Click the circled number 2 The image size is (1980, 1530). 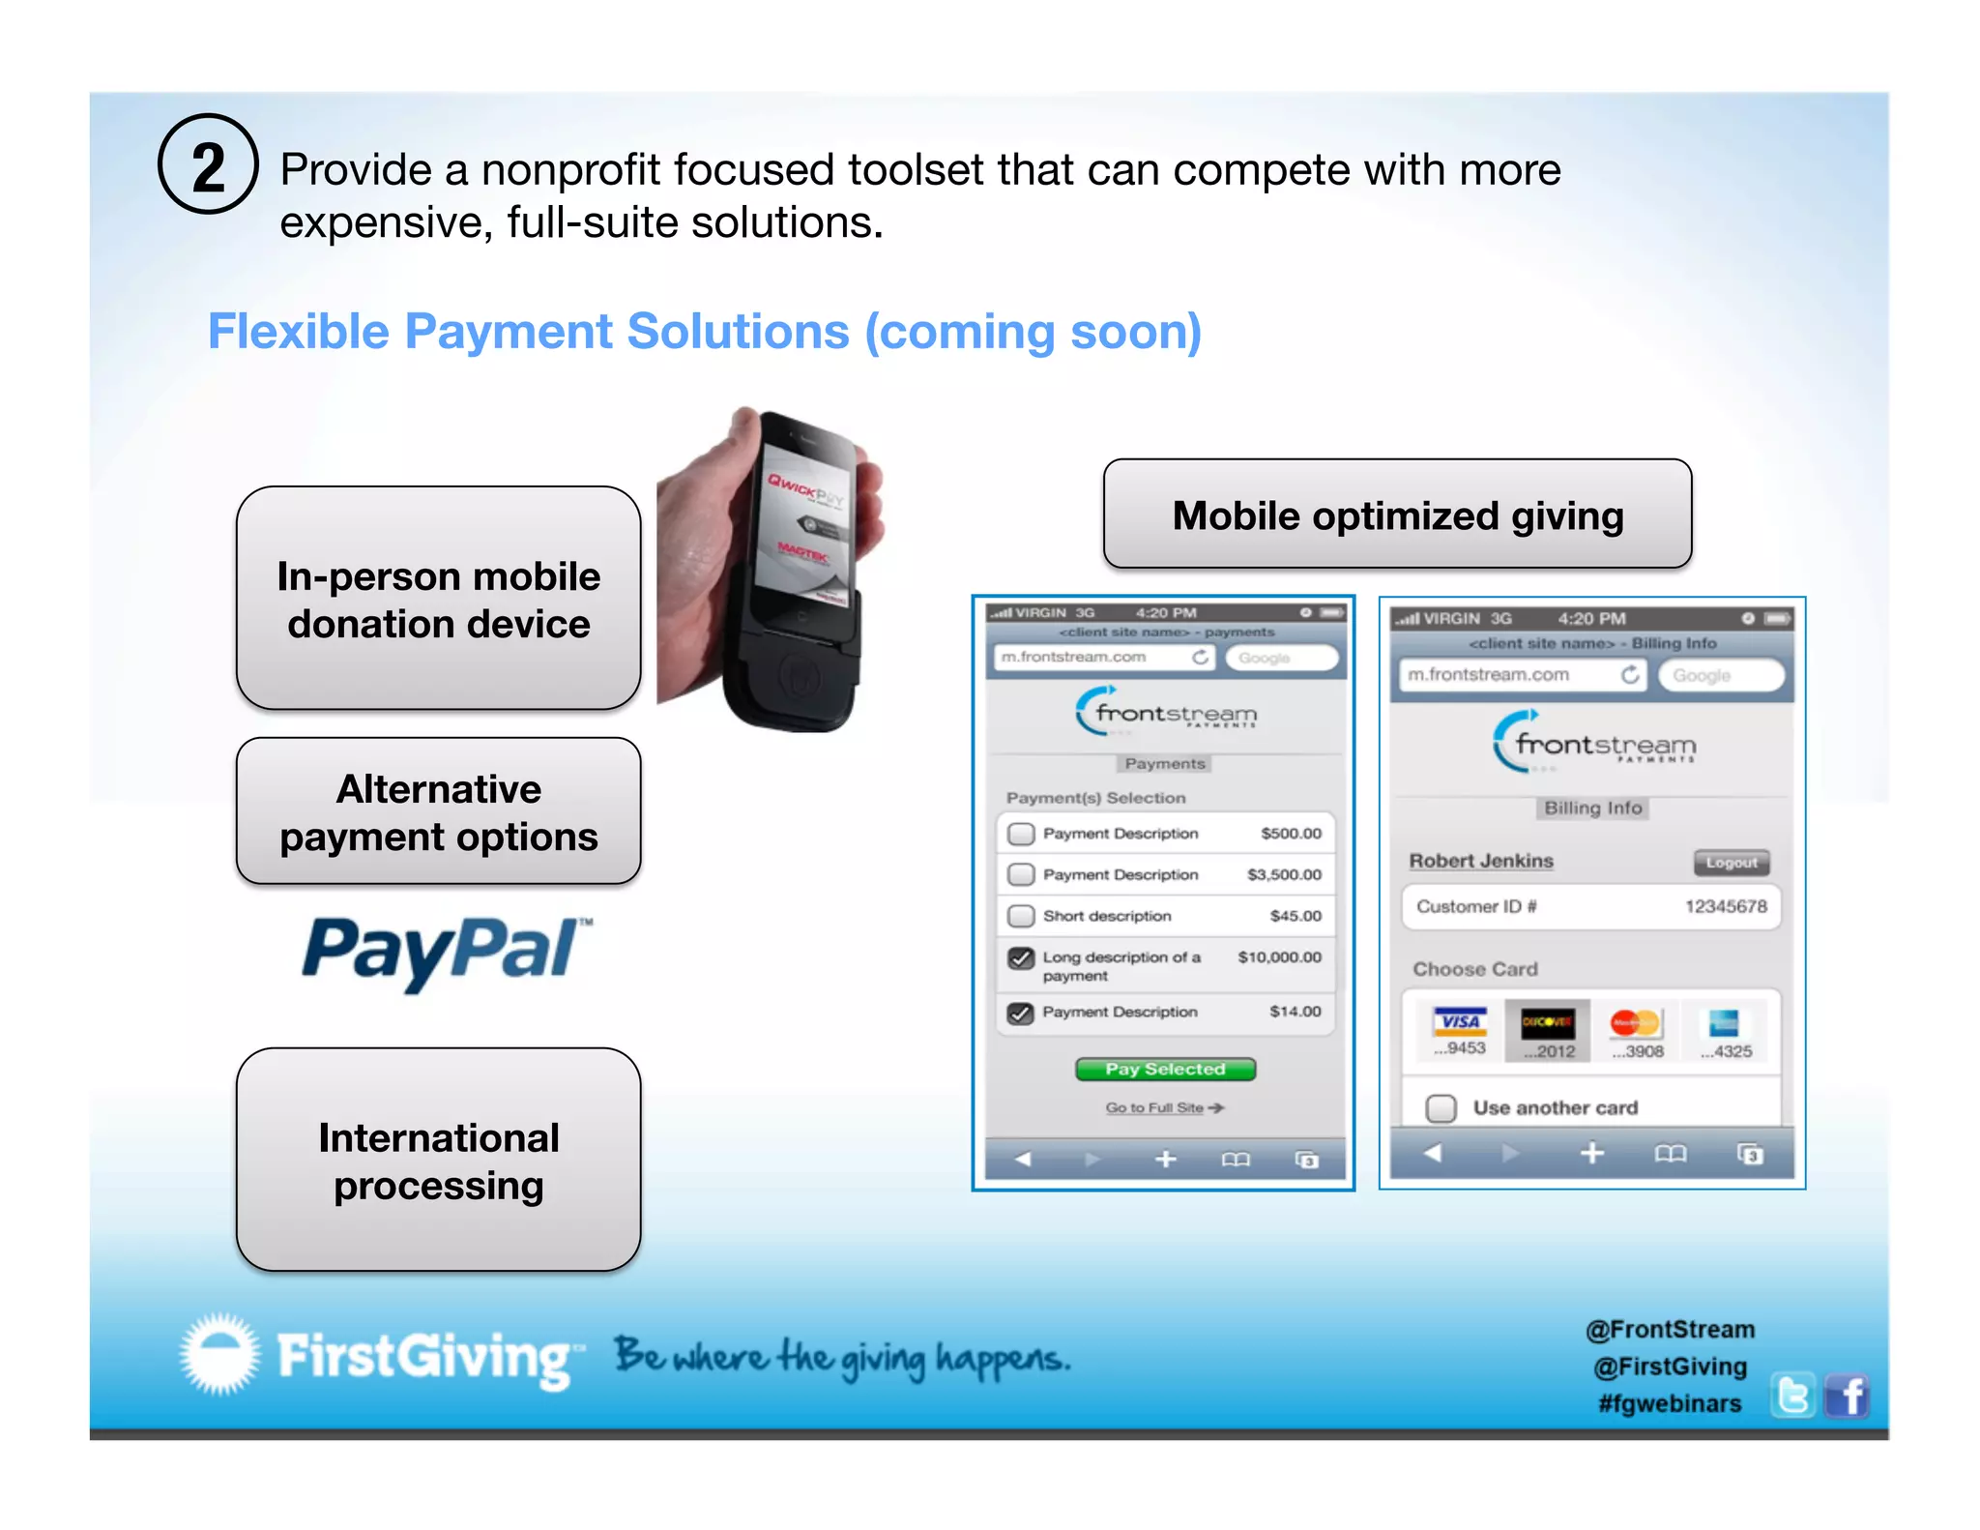pos(208,164)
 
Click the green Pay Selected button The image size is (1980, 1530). pos(1165,1069)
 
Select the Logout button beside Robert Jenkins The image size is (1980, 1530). pos(1731,862)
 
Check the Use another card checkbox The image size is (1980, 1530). pos(1441,1107)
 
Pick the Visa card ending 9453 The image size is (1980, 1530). pos(1460,1031)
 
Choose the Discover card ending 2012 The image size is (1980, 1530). pos(1548,1031)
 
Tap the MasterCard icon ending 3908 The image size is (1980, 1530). pos(1636,1031)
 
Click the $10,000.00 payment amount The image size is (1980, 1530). pos(1279,956)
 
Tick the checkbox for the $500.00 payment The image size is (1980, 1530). pos(1021,834)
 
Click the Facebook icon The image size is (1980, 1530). pos(1848,1397)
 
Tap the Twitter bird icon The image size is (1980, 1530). pos(1793,1397)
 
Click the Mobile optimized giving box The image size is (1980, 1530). pos(1397,515)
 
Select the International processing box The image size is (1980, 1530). pos(439,1160)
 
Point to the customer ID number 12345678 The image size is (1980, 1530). pos(1726,906)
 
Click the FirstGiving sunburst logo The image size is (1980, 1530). pos(220,1354)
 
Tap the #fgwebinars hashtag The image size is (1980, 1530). pos(1670,1403)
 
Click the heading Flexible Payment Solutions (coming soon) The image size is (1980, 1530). pos(705,332)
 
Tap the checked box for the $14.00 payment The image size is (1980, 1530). pos(1021,1013)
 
